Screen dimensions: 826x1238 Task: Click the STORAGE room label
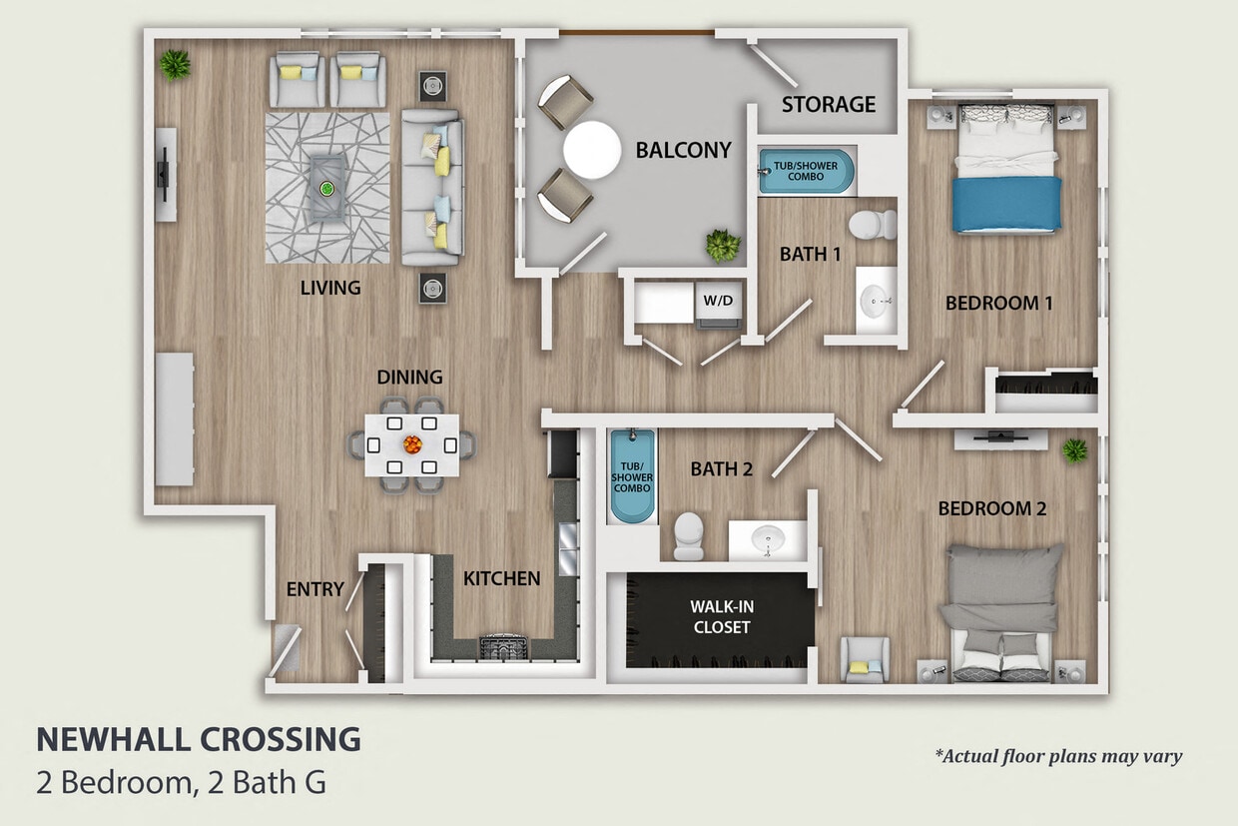point(828,104)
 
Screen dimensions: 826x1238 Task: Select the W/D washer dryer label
point(718,300)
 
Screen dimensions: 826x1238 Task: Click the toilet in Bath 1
point(876,224)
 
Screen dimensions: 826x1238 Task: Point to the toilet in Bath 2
point(689,536)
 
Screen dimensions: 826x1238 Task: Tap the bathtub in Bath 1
point(806,171)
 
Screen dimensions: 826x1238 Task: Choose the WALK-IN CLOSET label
point(720,616)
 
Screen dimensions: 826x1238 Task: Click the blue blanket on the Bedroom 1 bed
point(1006,205)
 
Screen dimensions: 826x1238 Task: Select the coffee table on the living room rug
point(326,188)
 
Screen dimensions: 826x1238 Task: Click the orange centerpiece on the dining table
point(411,444)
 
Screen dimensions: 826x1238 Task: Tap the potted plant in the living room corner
point(176,65)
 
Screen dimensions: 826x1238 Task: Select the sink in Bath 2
point(767,540)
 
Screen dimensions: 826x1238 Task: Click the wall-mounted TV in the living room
point(163,175)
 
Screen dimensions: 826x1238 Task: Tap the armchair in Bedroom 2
point(864,660)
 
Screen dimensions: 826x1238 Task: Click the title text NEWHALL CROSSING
point(199,739)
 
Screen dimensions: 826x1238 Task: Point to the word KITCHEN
point(501,577)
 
